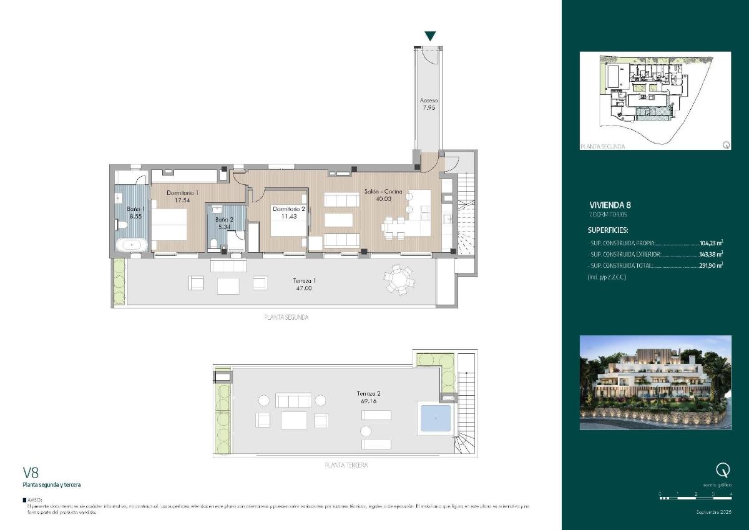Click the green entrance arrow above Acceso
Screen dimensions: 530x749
(430, 36)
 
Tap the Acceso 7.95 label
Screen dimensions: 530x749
(429, 104)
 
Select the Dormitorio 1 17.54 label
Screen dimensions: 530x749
(182, 197)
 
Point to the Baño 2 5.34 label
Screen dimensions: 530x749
(224, 223)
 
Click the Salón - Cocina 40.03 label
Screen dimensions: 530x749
(383, 195)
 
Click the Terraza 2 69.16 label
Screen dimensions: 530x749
(368, 397)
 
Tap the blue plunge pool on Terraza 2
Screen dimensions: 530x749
(434, 418)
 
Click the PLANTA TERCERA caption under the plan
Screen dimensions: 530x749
(346, 466)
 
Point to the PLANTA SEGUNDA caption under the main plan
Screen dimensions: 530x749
(286, 317)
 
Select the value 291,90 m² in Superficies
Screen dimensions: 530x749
(710, 265)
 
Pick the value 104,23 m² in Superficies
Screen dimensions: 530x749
(710, 243)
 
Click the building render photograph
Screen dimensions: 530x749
(655, 382)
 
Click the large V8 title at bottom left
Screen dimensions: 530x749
(31, 473)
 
